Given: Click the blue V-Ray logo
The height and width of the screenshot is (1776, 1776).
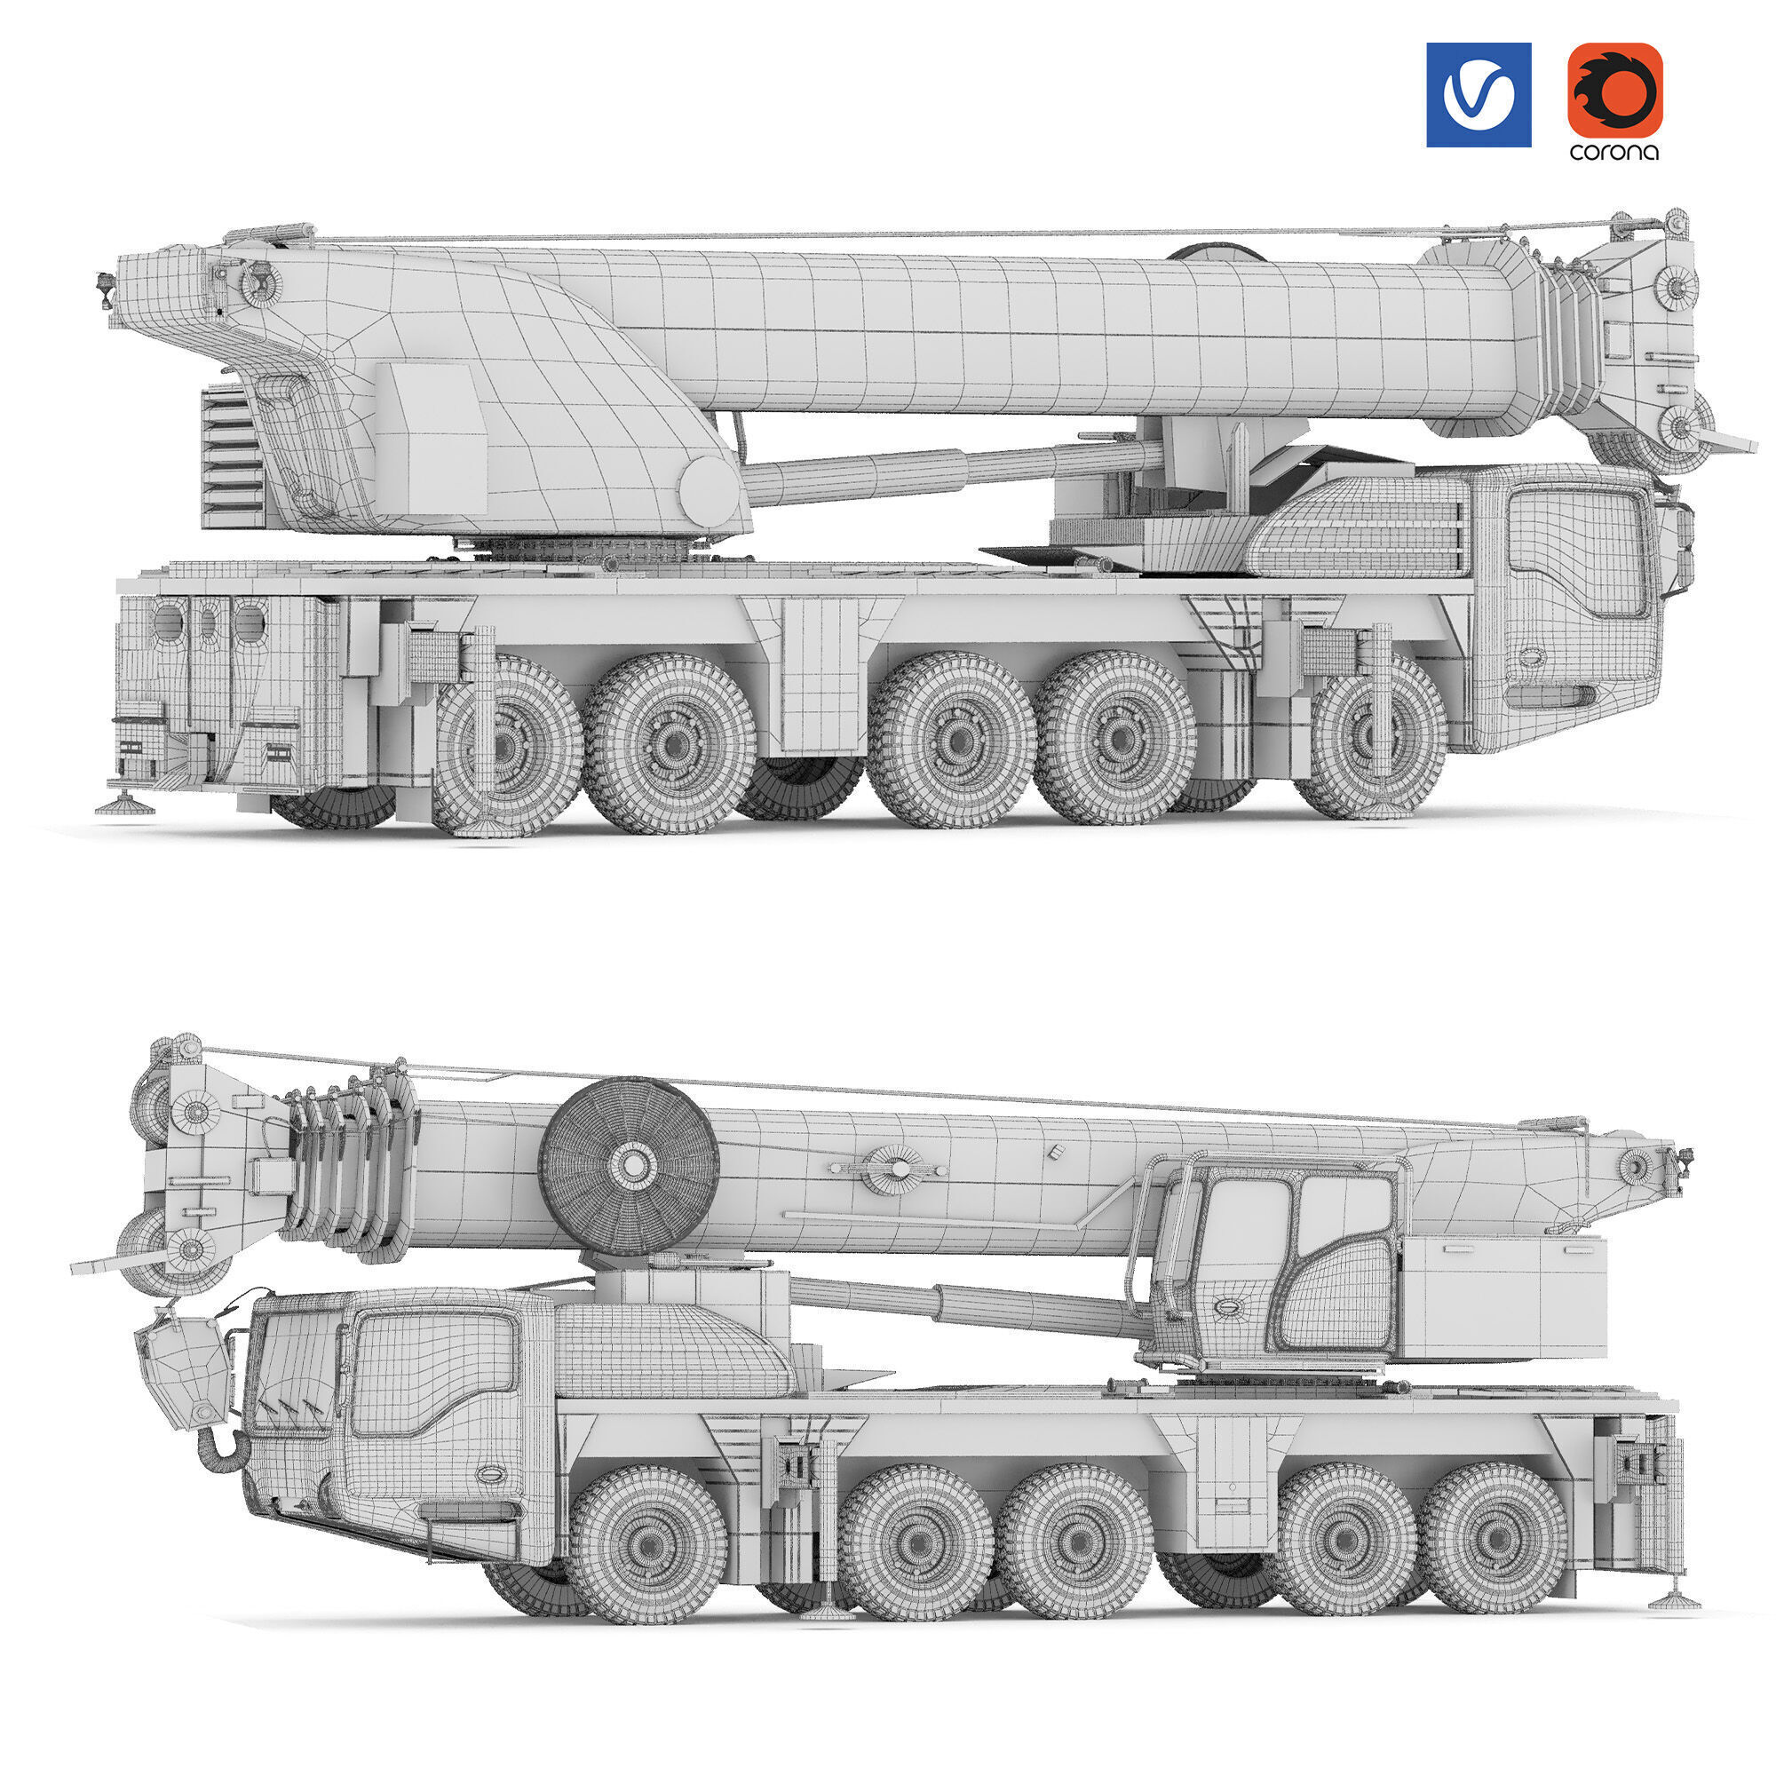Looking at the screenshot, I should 1479,94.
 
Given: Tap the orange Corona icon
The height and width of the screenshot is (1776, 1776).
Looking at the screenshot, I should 1615,90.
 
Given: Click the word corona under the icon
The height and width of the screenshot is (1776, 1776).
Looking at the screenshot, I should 1614,152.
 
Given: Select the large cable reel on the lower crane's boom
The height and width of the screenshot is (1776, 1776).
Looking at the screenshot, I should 629,1167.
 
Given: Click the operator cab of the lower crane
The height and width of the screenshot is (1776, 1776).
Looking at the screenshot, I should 1287,1269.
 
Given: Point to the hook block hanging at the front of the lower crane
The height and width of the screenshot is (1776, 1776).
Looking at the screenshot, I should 184,1368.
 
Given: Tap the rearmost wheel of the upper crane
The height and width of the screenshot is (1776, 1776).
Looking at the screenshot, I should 507,745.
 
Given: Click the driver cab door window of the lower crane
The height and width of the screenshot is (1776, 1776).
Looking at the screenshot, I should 432,1372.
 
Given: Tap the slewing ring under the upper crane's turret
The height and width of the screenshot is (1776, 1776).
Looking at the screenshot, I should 589,551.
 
